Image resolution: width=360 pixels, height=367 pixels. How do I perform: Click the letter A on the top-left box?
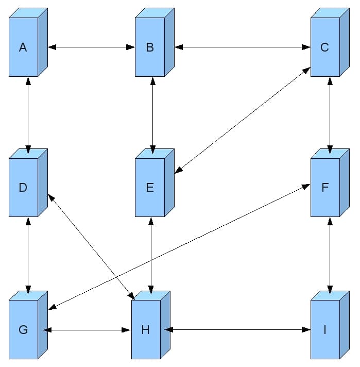click(x=23, y=47)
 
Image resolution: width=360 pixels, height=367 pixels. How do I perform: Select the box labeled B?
click(x=150, y=47)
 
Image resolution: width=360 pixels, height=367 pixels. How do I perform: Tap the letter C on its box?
click(x=324, y=47)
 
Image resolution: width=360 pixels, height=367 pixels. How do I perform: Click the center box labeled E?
click(x=150, y=187)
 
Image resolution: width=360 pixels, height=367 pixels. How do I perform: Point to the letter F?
click(x=324, y=187)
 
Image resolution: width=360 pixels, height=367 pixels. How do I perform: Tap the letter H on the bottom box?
click(x=145, y=329)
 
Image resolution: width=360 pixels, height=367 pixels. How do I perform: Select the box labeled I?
click(x=325, y=329)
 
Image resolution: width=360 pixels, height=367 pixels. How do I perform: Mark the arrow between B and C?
click(x=243, y=47)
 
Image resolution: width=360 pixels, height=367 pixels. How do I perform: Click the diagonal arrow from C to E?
click(x=243, y=120)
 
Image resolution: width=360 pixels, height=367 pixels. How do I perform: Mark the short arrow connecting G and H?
click(x=87, y=329)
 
